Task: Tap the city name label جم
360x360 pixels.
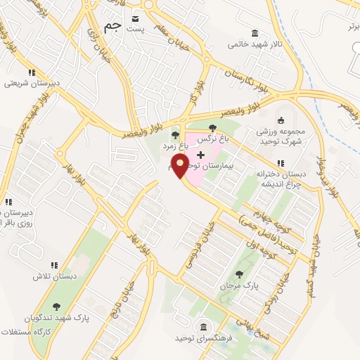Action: tap(112, 27)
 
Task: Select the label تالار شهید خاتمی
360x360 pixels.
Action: tap(255, 44)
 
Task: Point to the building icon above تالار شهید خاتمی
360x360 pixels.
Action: tap(255, 32)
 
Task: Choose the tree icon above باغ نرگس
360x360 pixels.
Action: tap(212, 127)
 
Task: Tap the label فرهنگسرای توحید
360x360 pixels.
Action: tap(204, 339)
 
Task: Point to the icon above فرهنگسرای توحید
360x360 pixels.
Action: tap(204, 327)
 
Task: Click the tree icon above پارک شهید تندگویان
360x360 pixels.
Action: tap(56, 307)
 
